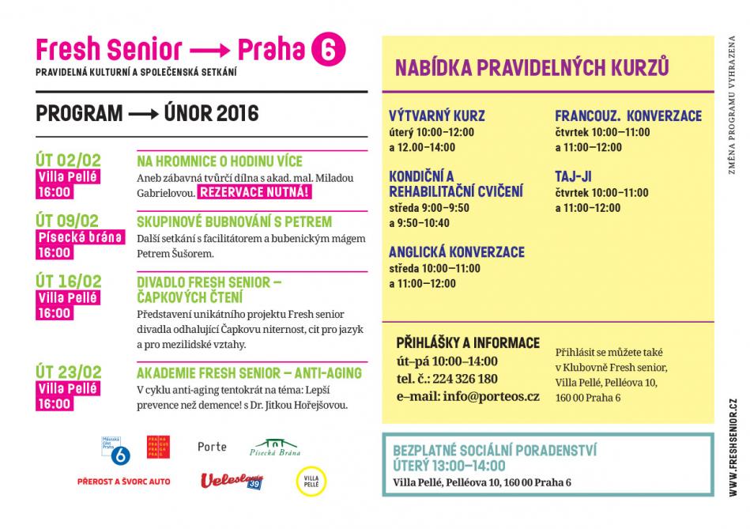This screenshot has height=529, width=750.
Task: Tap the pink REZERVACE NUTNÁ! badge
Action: click(254, 192)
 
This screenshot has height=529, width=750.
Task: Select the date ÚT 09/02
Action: click(68, 221)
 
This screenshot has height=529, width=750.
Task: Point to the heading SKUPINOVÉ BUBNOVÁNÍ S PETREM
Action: click(234, 221)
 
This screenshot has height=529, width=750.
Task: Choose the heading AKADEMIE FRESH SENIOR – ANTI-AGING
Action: click(249, 372)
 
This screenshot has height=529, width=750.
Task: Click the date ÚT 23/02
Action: click(68, 372)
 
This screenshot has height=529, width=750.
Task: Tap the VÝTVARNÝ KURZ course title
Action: click(437, 115)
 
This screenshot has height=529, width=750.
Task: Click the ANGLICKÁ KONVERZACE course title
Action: click(456, 251)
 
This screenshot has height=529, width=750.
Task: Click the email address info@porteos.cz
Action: click(490, 396)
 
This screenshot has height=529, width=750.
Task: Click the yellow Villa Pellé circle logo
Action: click(311, 480)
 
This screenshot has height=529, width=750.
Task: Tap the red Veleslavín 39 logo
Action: click(231, 480)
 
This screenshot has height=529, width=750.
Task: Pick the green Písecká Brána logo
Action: click(276, 448)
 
